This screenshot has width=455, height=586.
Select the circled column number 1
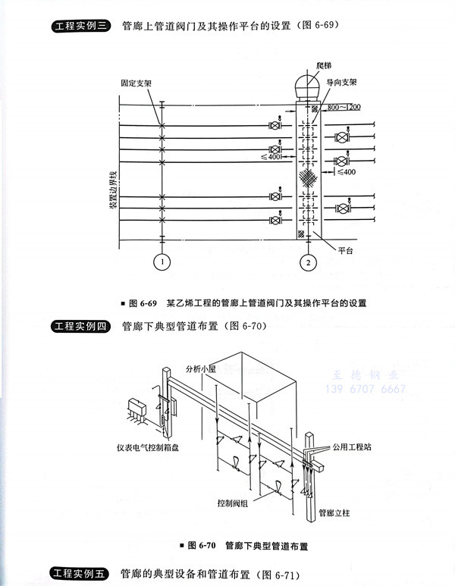click(162, 263)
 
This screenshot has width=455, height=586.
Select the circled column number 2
click(309, 263)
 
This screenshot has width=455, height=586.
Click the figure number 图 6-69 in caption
click(142, 303)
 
